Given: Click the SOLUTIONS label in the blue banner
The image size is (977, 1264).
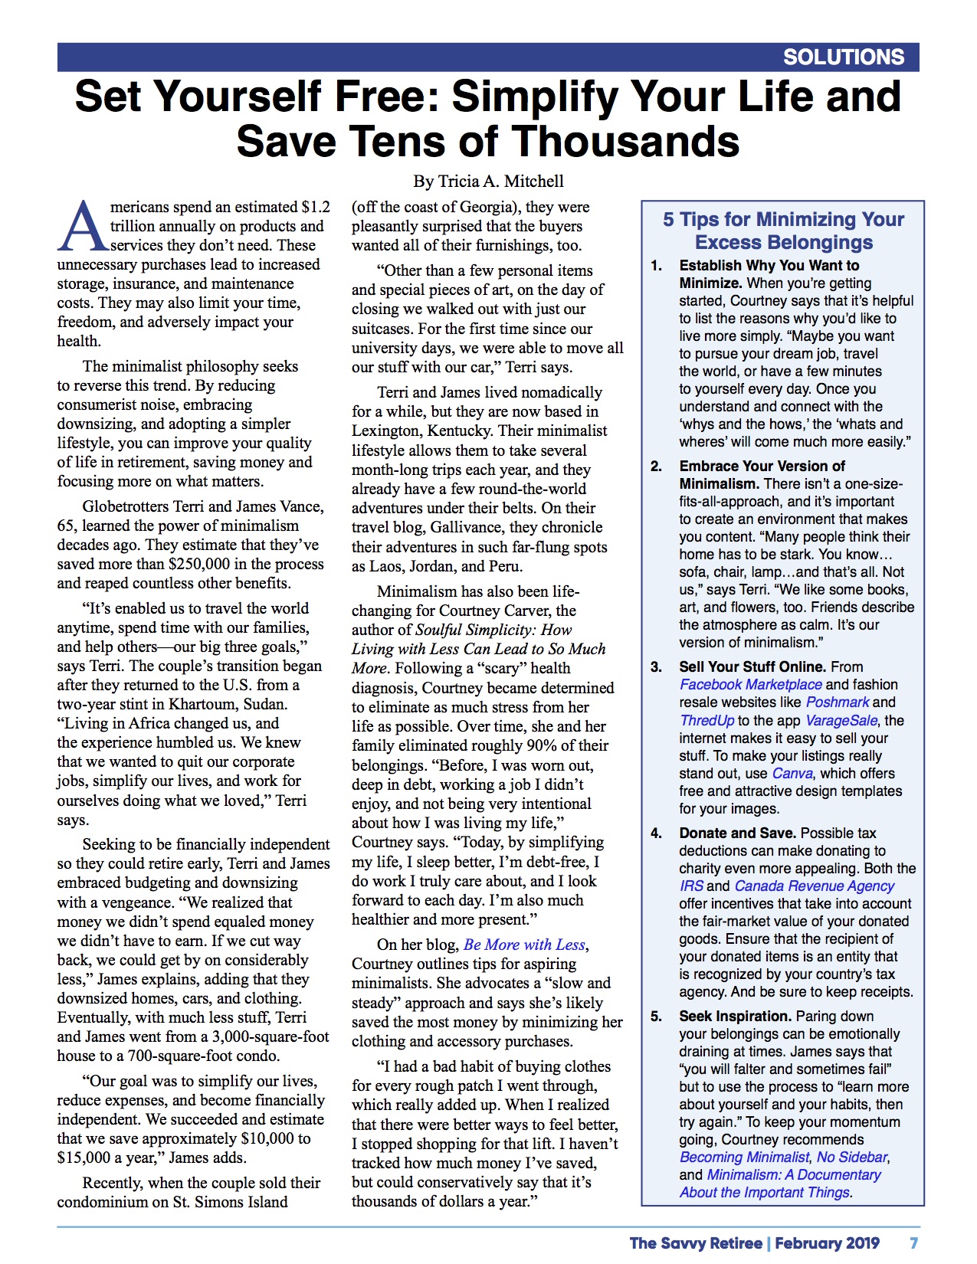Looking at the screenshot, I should tap(843, 57).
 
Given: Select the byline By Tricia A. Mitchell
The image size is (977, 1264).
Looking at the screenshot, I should tap(488, 182).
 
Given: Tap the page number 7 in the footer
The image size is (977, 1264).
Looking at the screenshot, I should tap(913, 1243).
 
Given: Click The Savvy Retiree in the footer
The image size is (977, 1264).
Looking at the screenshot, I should tap(696, 1243).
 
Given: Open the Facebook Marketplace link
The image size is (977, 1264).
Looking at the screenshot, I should tap(750, 684).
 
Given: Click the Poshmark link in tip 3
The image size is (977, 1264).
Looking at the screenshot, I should tap(837, 702).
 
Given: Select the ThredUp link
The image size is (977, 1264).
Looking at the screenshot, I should tap(707, 720).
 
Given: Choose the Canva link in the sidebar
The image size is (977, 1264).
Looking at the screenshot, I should tap(792, 773).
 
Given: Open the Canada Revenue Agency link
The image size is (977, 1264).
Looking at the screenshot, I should tap(814, 886).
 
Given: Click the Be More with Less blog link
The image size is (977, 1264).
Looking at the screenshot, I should tap(524, 945).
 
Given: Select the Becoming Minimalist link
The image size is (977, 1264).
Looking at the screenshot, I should tap(744, 1157).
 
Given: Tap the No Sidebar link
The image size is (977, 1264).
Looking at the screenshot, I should tap(851, 1157).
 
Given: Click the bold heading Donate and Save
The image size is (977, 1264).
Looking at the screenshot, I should tap(737, 833).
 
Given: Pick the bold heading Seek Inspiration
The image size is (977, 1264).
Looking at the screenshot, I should tap(735, 1016).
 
